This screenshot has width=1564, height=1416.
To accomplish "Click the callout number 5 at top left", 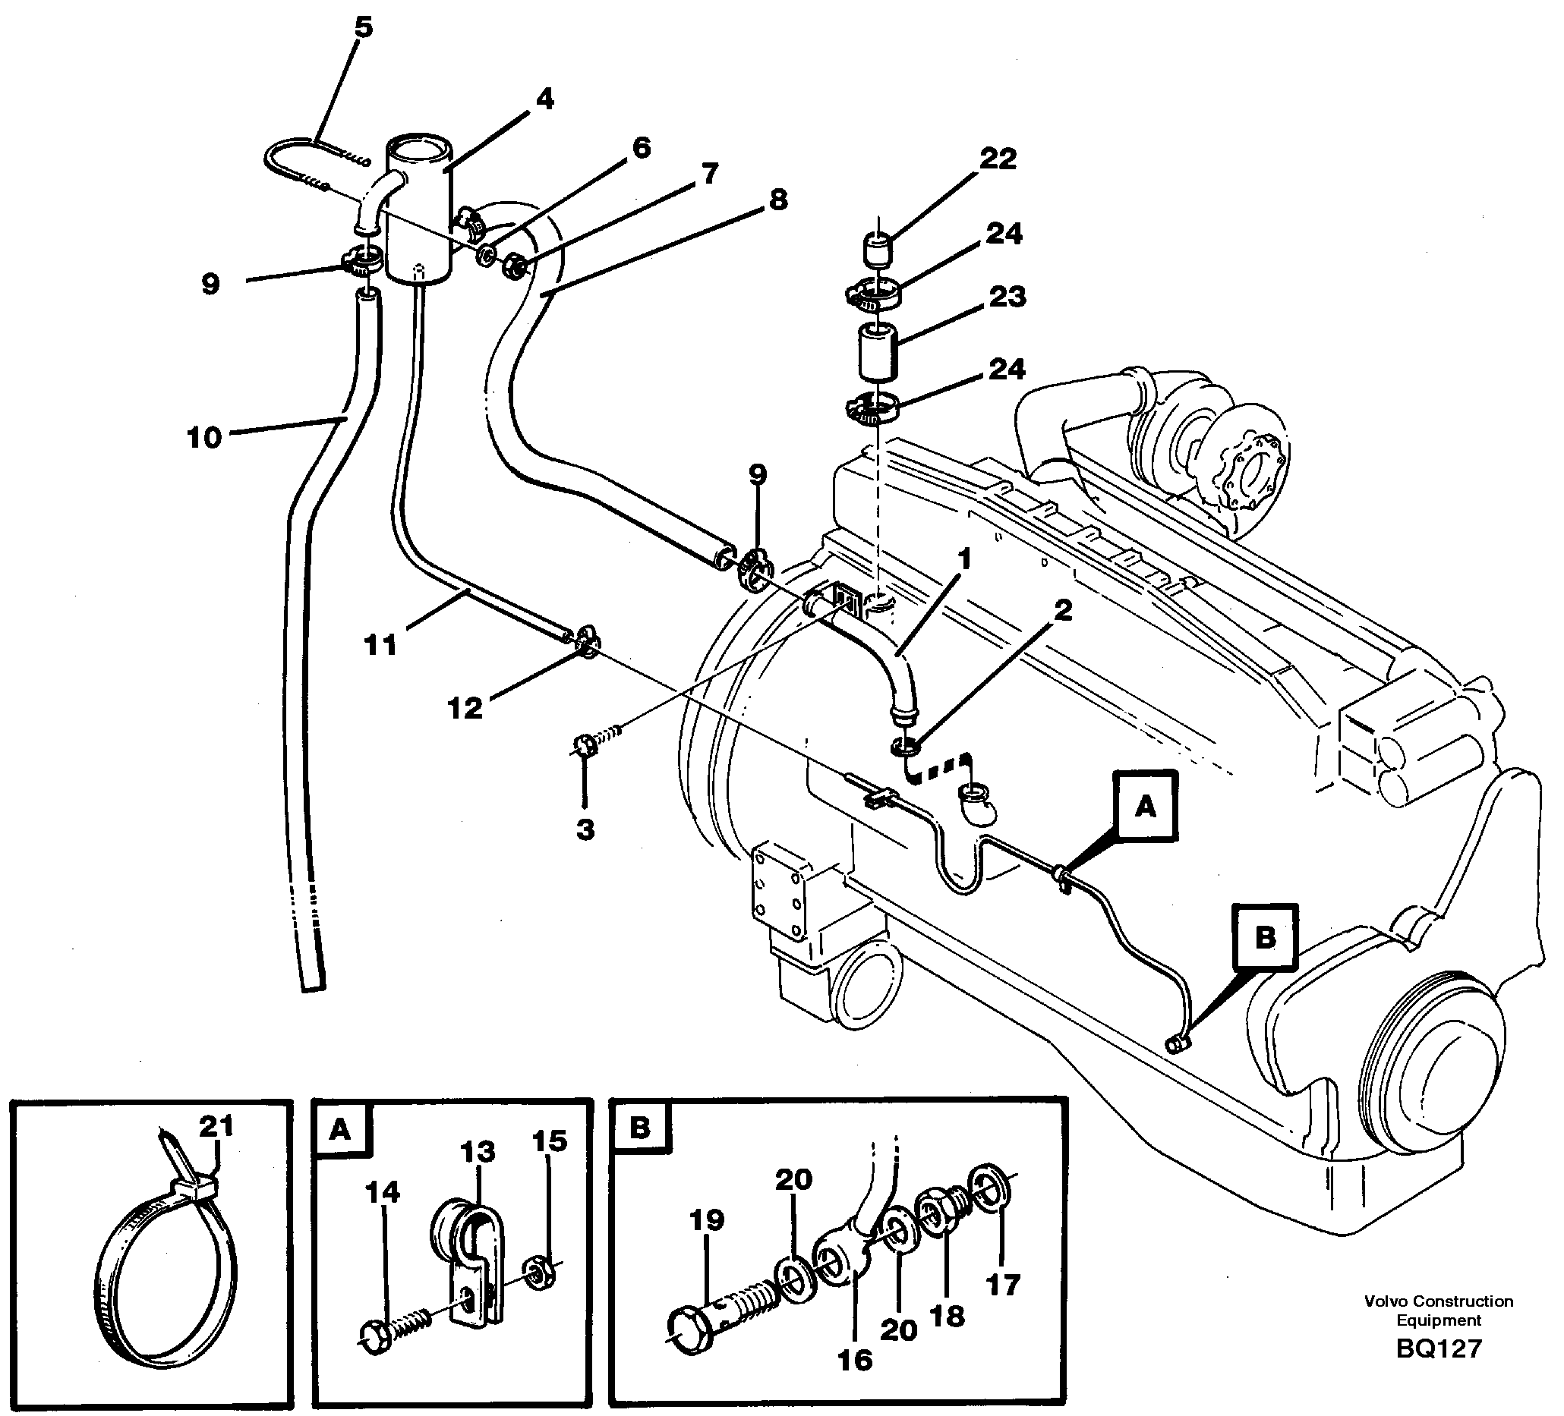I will pyautogui.click(x=363, y=28).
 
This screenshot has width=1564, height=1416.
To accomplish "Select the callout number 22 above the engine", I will pyautogui.click(x=998, y=159).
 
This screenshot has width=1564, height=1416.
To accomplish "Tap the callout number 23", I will pyautogui.click(x=1007, y=297).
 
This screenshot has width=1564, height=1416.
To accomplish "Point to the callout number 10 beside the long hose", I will pyautogui.click(x=204, y=438).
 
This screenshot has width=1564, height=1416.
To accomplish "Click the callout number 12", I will pyautogui.click(x=465, y=707).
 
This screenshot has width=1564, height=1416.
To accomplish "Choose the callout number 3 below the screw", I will pyautogui.click(x=585, y=829).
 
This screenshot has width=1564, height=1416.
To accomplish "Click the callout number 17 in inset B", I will pyautogui.click(x=1001, y=1285).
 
